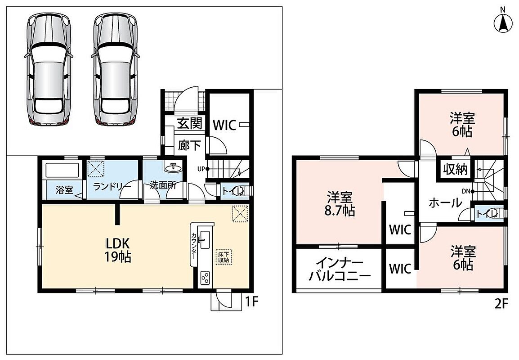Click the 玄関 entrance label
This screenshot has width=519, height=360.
coord(189,124)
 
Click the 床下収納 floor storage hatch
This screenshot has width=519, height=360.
coord(224,257)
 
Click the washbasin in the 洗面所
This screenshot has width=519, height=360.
coord(173,167)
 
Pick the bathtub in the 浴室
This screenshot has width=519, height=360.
coord(62,170)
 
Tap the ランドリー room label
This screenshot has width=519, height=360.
coord(112,187)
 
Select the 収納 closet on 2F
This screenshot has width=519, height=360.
coord(455,170)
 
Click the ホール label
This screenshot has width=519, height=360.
coord(445,202)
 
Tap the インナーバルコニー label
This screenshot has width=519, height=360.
coord(340,270)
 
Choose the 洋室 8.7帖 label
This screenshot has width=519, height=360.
coord(340,204)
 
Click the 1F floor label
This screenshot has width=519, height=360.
coord(251,302)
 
